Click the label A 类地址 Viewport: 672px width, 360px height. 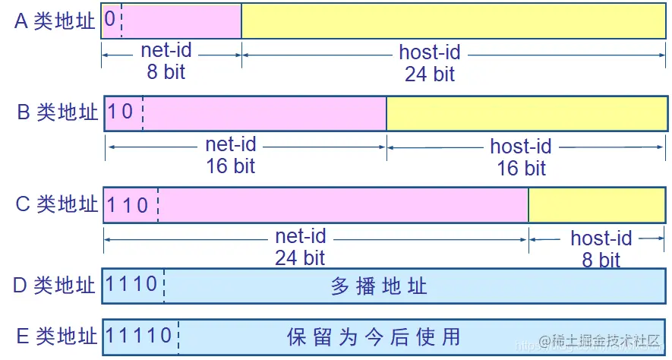tap(55, 21)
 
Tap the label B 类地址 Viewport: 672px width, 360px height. tap(58, 112)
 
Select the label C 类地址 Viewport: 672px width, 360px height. tap(57, 204)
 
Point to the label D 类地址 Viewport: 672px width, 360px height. tap(55, 286)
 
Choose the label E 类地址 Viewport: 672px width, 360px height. tap(55, 336)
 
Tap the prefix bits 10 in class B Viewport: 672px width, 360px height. tap(121, 112)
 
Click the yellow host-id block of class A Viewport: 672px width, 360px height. tap(453, 21)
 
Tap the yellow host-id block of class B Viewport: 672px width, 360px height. tap(526, 113)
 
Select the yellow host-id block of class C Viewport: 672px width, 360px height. tap(597, 205)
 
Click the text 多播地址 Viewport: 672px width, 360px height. tap(380, 286)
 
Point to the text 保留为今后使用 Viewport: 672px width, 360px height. tap(374, 336)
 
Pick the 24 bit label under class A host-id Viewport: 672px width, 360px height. tap(430, 74)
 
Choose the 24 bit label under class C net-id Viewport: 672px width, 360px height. tap(300, 257)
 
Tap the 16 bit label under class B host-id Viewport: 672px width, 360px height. tap(521, 167)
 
